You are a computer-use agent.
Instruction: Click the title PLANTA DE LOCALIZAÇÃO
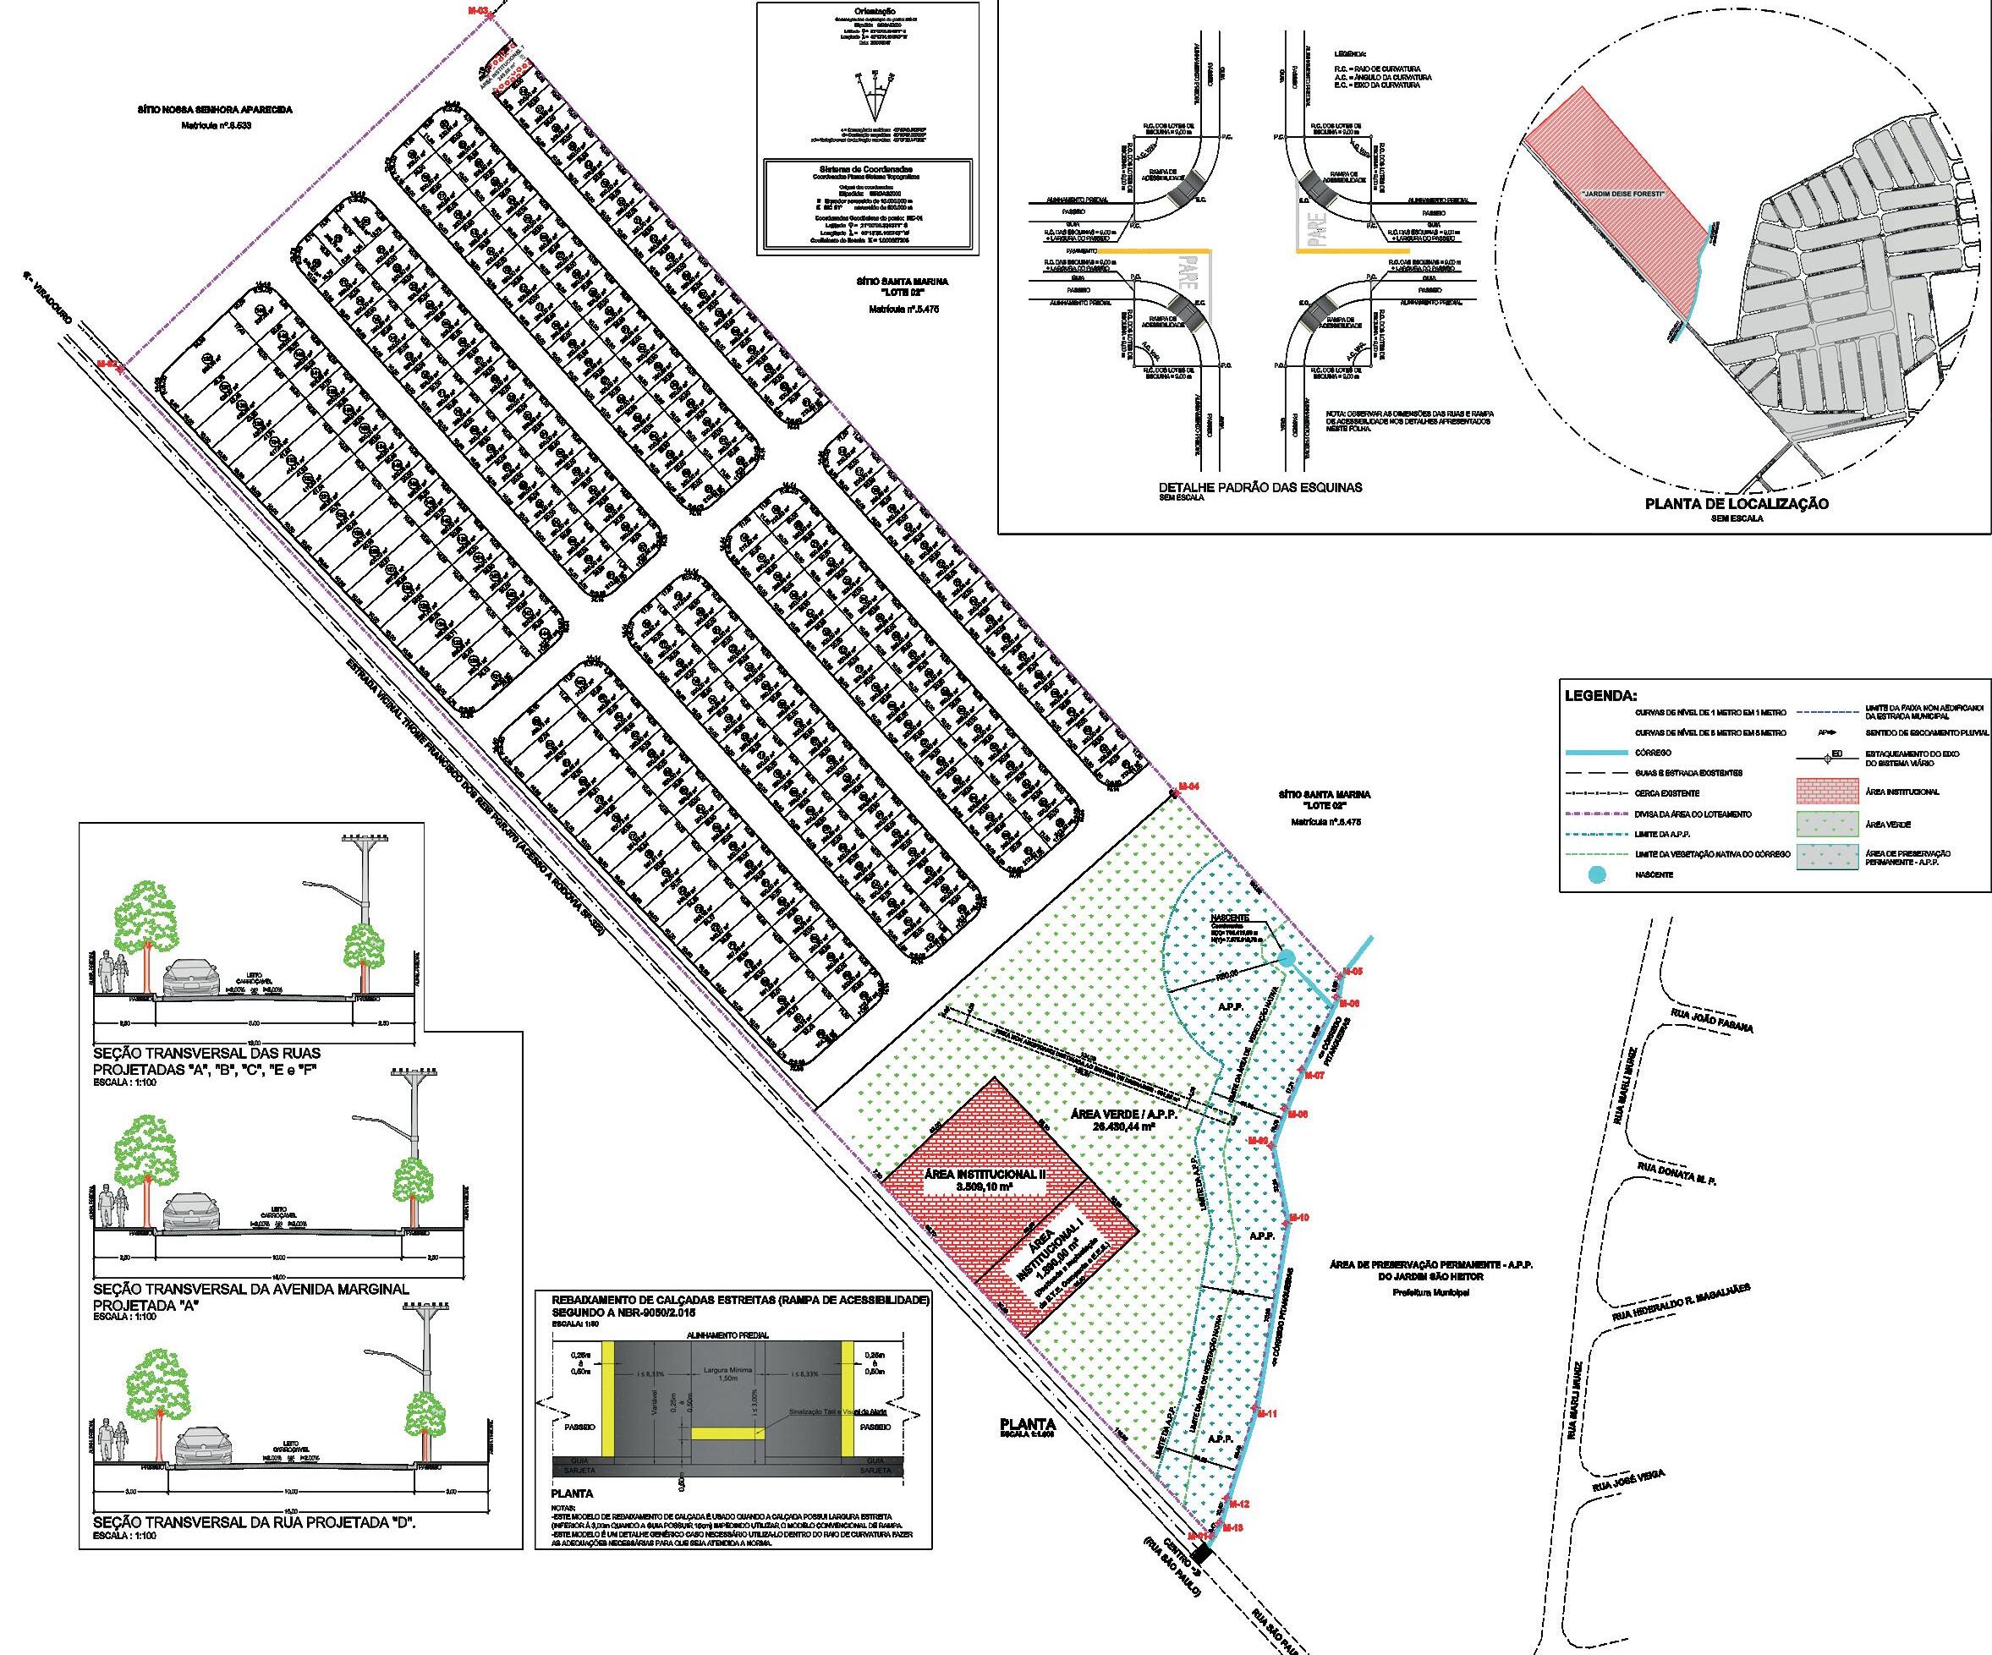point(1736,504)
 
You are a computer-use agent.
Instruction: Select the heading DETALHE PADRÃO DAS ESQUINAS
point(1259,487)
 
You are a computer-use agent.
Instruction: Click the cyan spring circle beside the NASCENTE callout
point(1287,960)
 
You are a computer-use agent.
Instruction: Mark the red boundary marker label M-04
point(1188,787)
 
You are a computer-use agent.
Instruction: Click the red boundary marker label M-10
point(1299,1218)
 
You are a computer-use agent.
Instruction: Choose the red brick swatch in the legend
point(1826,791)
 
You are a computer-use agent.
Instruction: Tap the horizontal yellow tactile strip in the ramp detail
point(727,1432)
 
